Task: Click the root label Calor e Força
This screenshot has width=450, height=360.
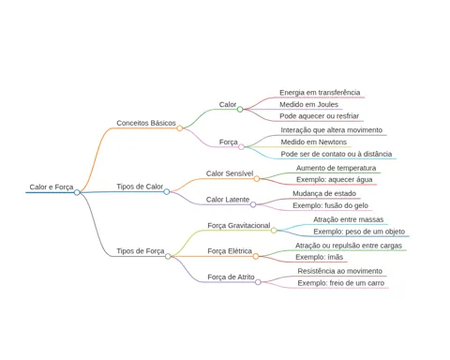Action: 52,187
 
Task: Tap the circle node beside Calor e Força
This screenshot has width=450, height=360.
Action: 77,192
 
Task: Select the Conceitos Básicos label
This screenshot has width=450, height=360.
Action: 146,123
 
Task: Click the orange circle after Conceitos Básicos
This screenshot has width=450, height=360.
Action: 179,128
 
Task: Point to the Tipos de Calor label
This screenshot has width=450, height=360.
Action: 140,187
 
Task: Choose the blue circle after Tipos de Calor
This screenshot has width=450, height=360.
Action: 167,191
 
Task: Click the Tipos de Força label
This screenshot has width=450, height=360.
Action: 141,251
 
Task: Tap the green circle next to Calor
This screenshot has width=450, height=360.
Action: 240,109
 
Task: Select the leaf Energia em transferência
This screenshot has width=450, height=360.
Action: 320,93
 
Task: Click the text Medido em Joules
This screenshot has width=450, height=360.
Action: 308,104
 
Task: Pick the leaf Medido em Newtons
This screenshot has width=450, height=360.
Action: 314,142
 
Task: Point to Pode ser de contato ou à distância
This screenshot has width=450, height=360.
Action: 337,154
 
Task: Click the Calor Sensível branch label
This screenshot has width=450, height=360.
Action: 230,173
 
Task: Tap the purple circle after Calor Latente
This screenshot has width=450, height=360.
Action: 253,204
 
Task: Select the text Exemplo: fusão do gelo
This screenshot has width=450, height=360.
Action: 330,205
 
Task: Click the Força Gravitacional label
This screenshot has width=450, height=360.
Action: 239,225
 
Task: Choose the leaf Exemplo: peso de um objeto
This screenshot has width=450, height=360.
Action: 359,232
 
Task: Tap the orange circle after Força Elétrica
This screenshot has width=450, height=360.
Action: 256,256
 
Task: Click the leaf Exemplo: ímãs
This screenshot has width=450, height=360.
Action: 319,257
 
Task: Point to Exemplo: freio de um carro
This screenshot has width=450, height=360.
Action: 341,283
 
